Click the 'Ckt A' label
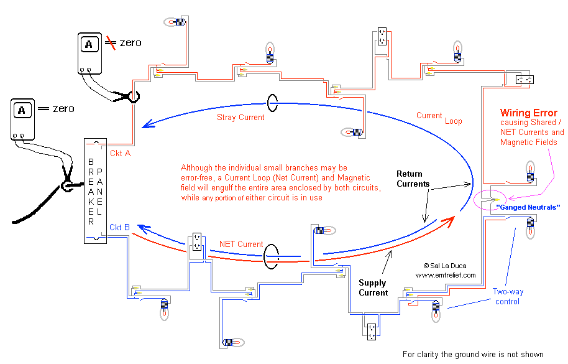pyautogui.click(x=121, y=153)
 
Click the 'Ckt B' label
pyautogui.click(x=119, y=227)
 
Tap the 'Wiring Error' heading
pyautogui.click(x=528, y=113)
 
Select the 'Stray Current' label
pyautogui.click(x=240, y=118)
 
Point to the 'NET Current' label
pyautogui.click(x=241, y=245)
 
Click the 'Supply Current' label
pyautogui.click(x=373, y=288)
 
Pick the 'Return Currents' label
pyautogui.click(x=413, y=179)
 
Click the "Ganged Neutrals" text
pyautogui.click(x=528, y=207)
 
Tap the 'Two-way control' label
pyautogui.click(x=508, y=297)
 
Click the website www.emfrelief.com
pyautogui.click(x=446, y=275)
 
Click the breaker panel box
pyautogui.click(x=95, y=190)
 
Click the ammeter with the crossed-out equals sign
pyautogui.click(x=89, y=54)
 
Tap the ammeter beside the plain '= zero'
pyautogui.click(x=22, y=119)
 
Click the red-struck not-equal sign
pyautogui.click(x=111, y=43)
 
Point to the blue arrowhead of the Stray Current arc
pyautogui.click(x=147, y=124)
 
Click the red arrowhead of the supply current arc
pyautogui.click(x=449, y=220)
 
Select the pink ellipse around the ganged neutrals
pyautogui.click(x=474, y=200)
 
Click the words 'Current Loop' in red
pyautogui.click(x=439, y=118)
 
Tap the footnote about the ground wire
pyautogui.click(x=473, y=355)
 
